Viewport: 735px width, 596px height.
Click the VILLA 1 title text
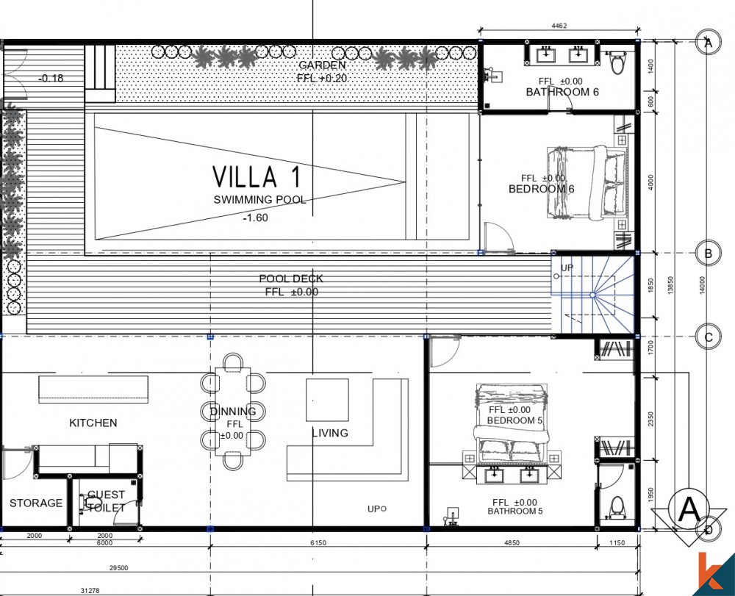pyautogui.click(x=257, y=177)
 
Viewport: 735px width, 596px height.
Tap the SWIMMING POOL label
pyautogui.click(x=259, y=200)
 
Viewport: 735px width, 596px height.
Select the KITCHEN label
pyautogui.click(x=93, y=423)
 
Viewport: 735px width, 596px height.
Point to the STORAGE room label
pyautogui.click(x=36, y=503)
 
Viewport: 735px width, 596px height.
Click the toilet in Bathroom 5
pyautogui.click(x=617, y=506)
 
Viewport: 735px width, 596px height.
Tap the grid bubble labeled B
pyautogui.click(x=708, y=254)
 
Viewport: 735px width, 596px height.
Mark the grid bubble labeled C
pyautogui.click(x=708, y=338)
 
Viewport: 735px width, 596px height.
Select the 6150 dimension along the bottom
pyautogui.click(x=318, y=542)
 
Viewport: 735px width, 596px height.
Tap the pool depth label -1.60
pyautogui.click(x=255, y=218)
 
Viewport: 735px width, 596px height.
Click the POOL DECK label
pyautogui.click(x=291, y=279)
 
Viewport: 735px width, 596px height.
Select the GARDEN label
pyautogui.click(x=322, y=65)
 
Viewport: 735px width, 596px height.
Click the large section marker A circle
pyautogui.click(x=689, y=509)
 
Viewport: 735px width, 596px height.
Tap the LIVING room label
pyautogui.click(x=329, y=433)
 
